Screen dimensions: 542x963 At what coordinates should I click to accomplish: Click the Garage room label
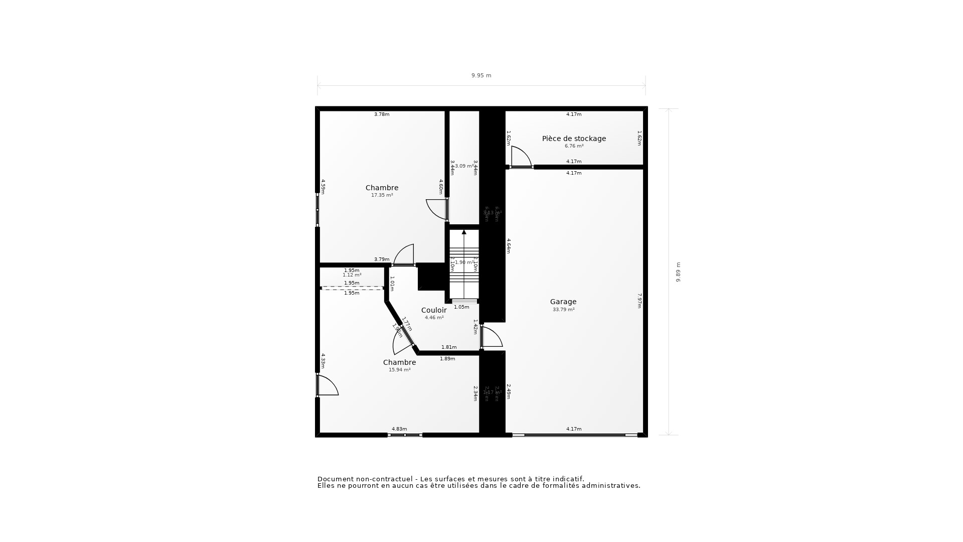coord(563,302)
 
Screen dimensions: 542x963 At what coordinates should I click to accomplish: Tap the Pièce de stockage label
coord(574,139)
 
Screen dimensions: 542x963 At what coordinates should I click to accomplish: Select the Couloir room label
coord(434,310)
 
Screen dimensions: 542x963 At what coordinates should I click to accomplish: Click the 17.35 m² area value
coord(382,195)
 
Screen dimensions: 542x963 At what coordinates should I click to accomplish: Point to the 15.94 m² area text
coord(399,370)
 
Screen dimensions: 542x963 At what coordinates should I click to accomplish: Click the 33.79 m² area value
coord(563,310)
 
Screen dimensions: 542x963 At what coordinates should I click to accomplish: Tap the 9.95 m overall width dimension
coord(481,76)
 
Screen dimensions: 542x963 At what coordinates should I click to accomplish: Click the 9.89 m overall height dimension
coord(678,272)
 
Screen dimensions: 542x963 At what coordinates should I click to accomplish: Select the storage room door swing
coord(521,157)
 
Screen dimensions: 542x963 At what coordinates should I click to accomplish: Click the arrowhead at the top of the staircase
coord(464,232)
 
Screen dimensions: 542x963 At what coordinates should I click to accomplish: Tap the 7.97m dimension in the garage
coord(639,301)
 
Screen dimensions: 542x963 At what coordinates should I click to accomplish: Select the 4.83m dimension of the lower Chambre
coord(399,429)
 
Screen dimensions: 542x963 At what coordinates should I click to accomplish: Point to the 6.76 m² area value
coord(574,146)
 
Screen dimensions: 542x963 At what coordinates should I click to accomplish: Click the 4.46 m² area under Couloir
coord(434,318)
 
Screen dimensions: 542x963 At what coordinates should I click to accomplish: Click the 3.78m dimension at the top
coord(382,114)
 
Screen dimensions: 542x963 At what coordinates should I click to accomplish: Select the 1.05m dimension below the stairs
coord(461,307)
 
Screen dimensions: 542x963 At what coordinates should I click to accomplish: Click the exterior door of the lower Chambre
coord(327,385)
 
